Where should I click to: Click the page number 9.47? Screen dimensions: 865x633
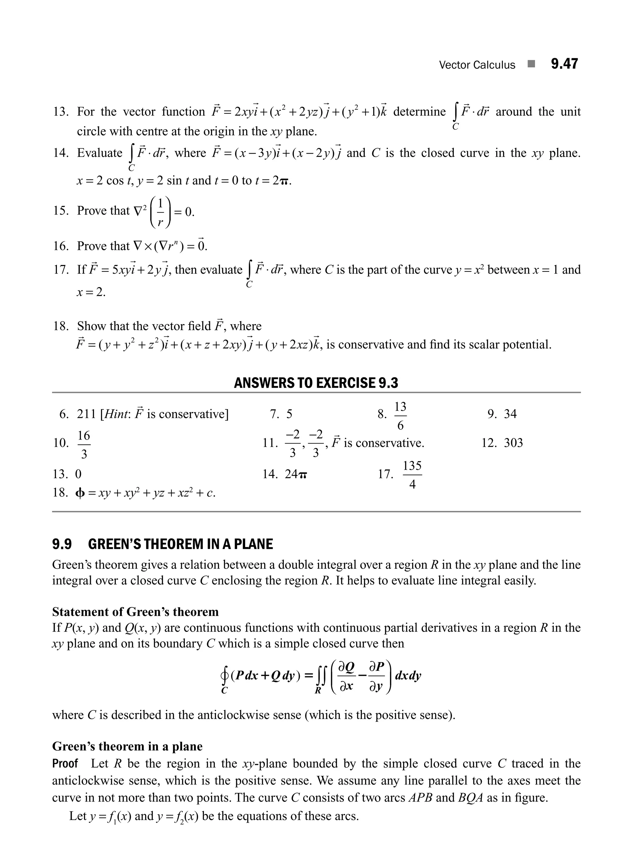[x=564, y=64]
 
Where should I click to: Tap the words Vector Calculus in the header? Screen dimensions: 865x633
[x=477, y=65]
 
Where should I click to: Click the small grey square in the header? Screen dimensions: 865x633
[x=531, y=64]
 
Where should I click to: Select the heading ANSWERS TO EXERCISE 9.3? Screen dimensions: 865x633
[x=316, y=383]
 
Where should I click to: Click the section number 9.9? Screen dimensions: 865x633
[x=62, y=545]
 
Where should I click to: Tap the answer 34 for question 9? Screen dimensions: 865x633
[x=510, y=414]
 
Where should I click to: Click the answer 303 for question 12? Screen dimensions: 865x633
[x=513, y=443]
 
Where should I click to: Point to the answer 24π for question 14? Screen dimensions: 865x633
[x=296, y=474]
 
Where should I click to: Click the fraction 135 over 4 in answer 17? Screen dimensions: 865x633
[x=412, y=475]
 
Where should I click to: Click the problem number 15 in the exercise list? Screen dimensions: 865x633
[x=60, y=211]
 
